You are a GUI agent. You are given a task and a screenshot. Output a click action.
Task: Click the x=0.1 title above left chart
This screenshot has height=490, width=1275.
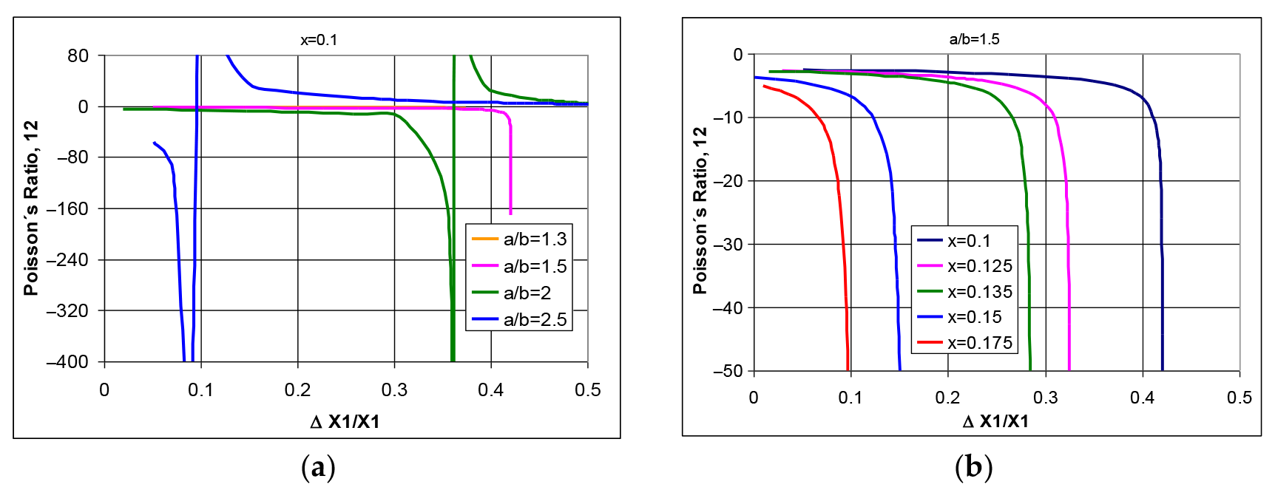click(319, 40)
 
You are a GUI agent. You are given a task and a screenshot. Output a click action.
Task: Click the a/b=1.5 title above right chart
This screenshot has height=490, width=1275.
click(974, 39)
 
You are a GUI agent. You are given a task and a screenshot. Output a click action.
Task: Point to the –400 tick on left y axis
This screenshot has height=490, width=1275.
click(67, 362)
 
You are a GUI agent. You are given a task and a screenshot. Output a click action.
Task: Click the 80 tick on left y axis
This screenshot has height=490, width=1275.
click(78, 56)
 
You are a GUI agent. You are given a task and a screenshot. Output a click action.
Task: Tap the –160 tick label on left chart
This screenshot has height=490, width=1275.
click(67, 209)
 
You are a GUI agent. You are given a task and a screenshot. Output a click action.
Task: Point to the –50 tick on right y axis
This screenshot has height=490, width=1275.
click(728, 371)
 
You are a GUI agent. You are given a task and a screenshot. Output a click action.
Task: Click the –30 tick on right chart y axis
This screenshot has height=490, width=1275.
click(728, 245)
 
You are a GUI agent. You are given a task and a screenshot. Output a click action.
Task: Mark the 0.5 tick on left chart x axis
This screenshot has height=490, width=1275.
click(587, 390)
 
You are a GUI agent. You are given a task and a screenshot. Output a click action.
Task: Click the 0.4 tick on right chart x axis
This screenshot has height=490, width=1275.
click(1142, 398)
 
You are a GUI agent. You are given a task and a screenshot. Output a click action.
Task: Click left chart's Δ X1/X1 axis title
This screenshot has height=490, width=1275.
click(345, 422)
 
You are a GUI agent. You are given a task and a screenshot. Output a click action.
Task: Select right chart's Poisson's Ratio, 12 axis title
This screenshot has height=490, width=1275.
click(700, 211)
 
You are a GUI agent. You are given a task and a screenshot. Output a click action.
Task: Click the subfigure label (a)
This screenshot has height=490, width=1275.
click(319, 467)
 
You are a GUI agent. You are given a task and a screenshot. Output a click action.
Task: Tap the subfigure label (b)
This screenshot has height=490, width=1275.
click(973, 466)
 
